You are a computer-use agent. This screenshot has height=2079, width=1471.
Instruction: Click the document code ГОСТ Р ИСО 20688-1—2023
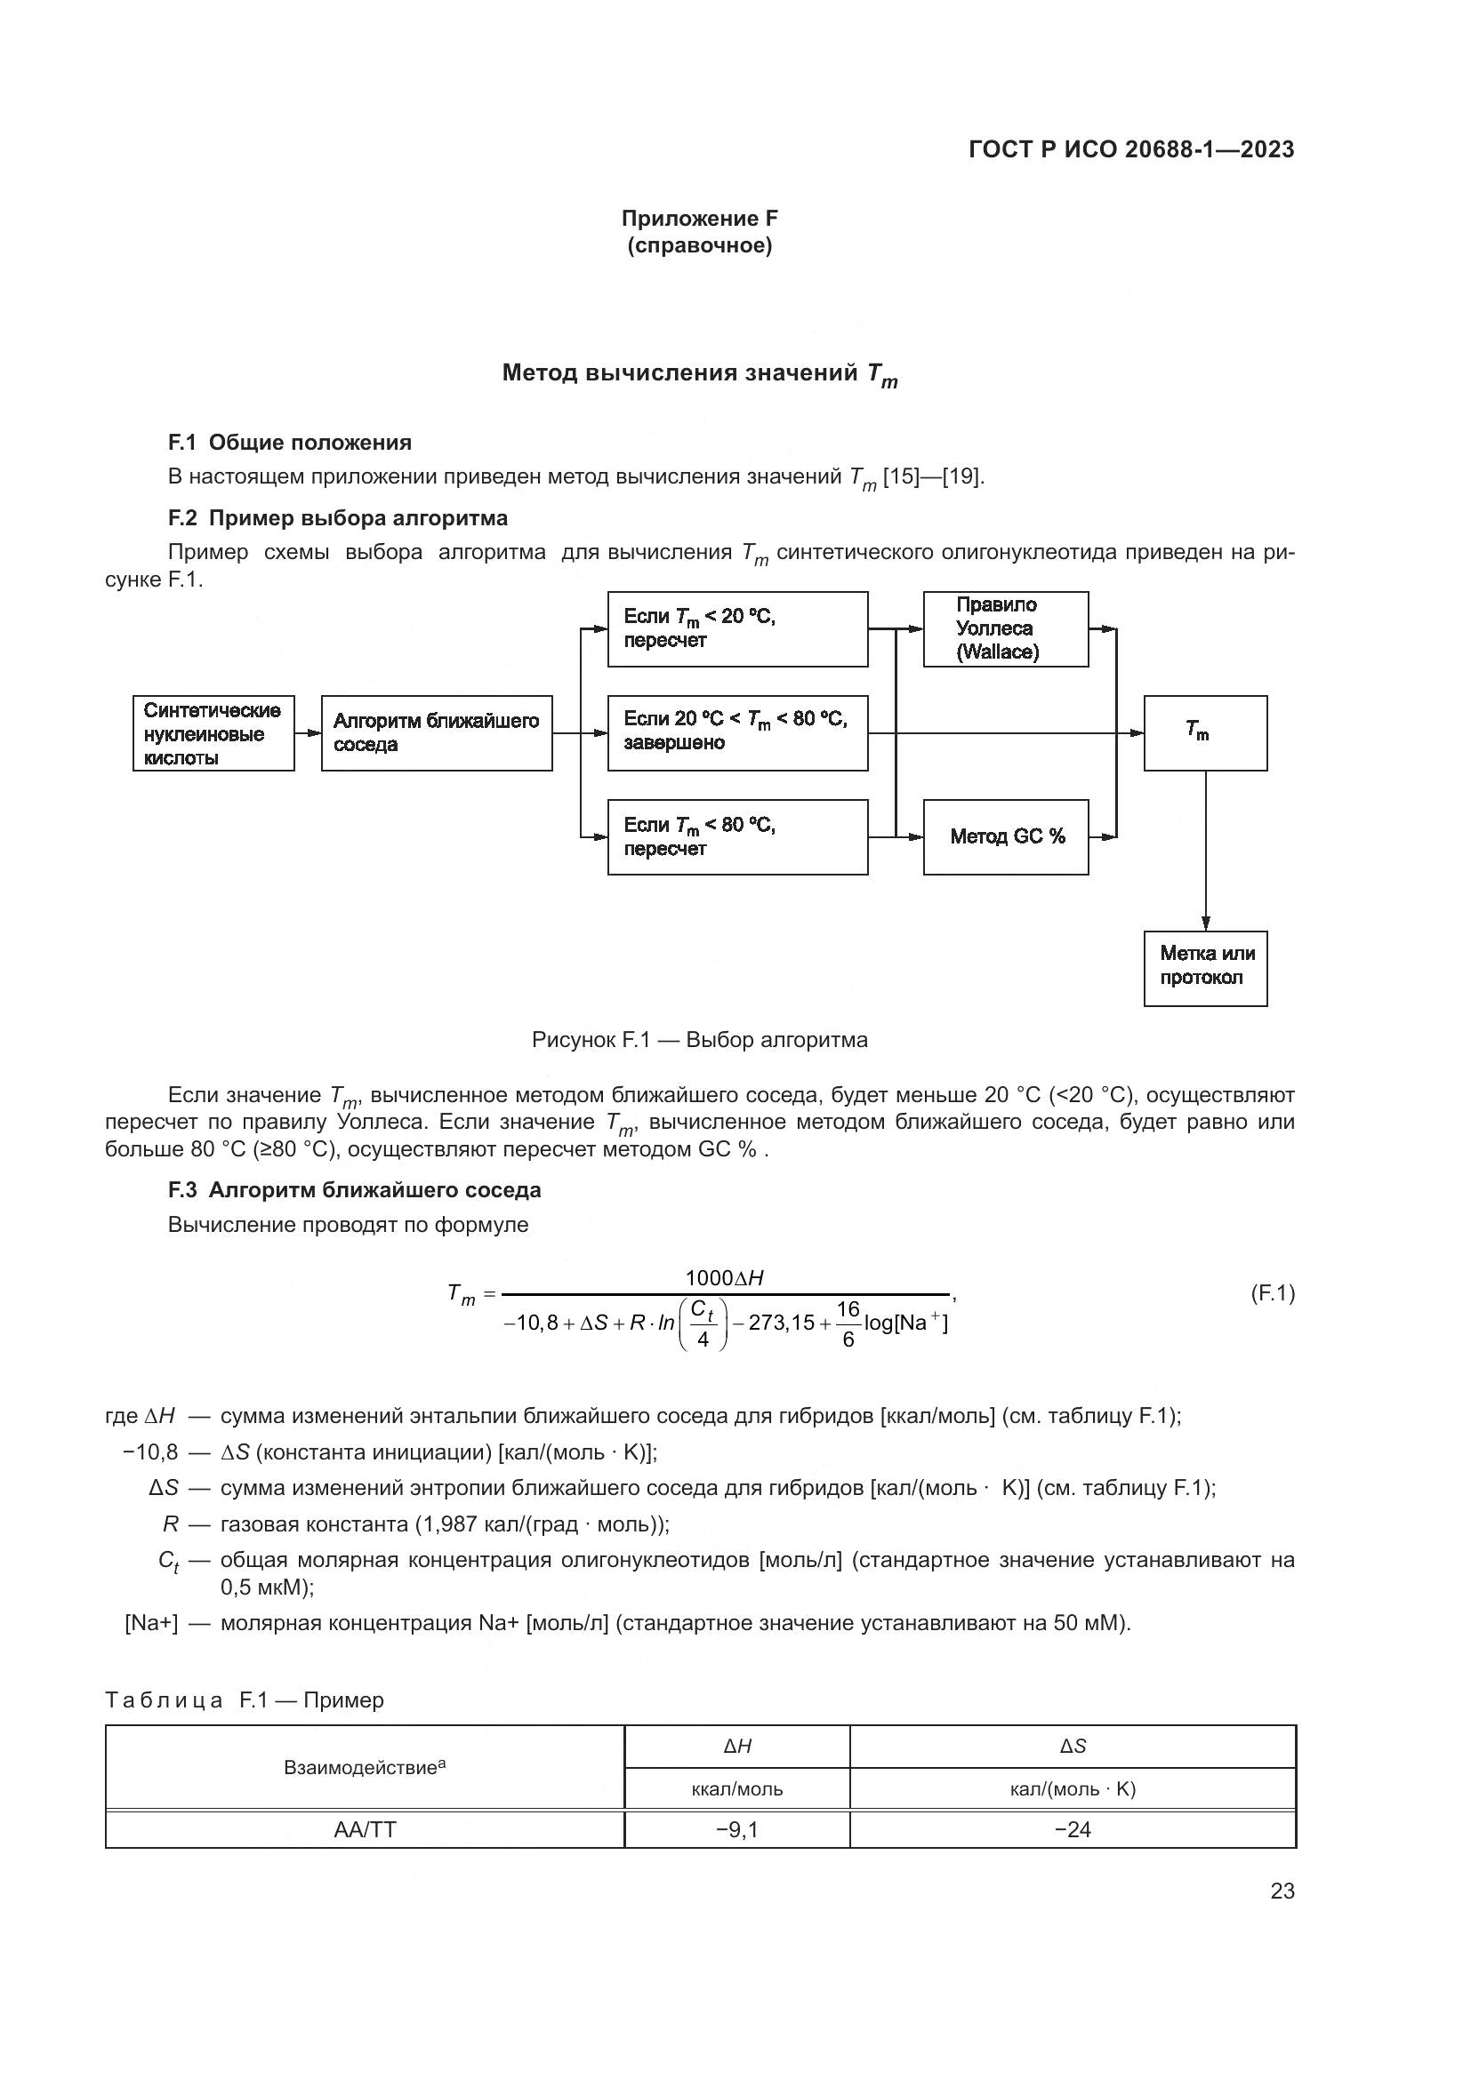(x=1130, y=149)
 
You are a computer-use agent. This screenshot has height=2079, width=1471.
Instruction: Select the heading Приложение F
(x=699, y=219)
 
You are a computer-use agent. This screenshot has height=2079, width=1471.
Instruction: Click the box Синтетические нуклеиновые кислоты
(x=213, y=733)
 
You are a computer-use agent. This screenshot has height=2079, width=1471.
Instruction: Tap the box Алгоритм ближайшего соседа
(x=436, y=733)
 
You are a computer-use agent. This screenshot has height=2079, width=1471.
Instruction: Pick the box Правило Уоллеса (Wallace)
(x=1006, y=629)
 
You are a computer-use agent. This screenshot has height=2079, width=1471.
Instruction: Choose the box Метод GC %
(x=1006, y=836)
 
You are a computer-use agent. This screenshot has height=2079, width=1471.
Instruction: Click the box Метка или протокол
(x=1205, y=968)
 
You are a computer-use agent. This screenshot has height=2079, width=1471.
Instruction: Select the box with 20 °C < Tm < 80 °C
(x=736, y=733)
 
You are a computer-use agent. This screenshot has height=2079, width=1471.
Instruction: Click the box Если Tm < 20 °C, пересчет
(x=736, y=629)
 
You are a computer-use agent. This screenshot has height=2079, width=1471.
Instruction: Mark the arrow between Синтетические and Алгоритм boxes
(x=308, y=733)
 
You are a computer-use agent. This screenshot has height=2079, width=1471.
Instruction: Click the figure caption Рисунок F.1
(x=699, y=1040)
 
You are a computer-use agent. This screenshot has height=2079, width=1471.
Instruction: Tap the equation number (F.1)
(x=1272, y=1294)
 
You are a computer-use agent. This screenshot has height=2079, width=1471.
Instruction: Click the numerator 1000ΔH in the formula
(x=724, y=1277)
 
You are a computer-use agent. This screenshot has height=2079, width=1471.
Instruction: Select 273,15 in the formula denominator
(x=781, y=1323)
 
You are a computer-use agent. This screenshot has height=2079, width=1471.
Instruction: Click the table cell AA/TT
(x=365, y=1829)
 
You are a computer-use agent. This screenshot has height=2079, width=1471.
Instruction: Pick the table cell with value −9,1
(x=736, y=1829)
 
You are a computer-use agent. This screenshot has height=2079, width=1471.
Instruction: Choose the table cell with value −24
(x=1073, y=1829)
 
